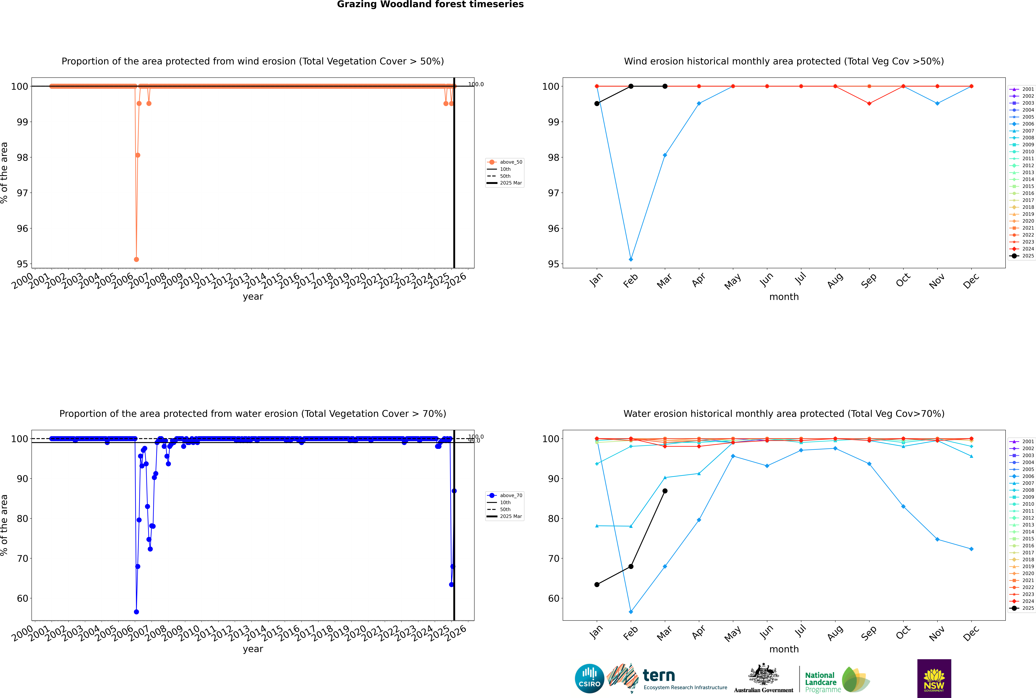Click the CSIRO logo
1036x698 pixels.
[x=589, y=678]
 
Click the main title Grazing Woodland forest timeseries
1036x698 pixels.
[x=430, y=4]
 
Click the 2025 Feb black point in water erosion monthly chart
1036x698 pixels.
[x=631, y=566]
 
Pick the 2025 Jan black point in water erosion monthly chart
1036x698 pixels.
[x=597, y=585]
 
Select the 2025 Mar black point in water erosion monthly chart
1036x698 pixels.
[x=665, y=491]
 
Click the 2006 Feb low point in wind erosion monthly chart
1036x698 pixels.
[x=631, y=259]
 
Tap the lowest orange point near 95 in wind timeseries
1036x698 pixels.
[x=136, y=259]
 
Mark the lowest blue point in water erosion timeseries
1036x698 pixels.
[x=136, y=612]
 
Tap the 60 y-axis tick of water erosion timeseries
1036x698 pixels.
[x=22, y=598]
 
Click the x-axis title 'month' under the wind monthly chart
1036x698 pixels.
[x=784, y=297]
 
